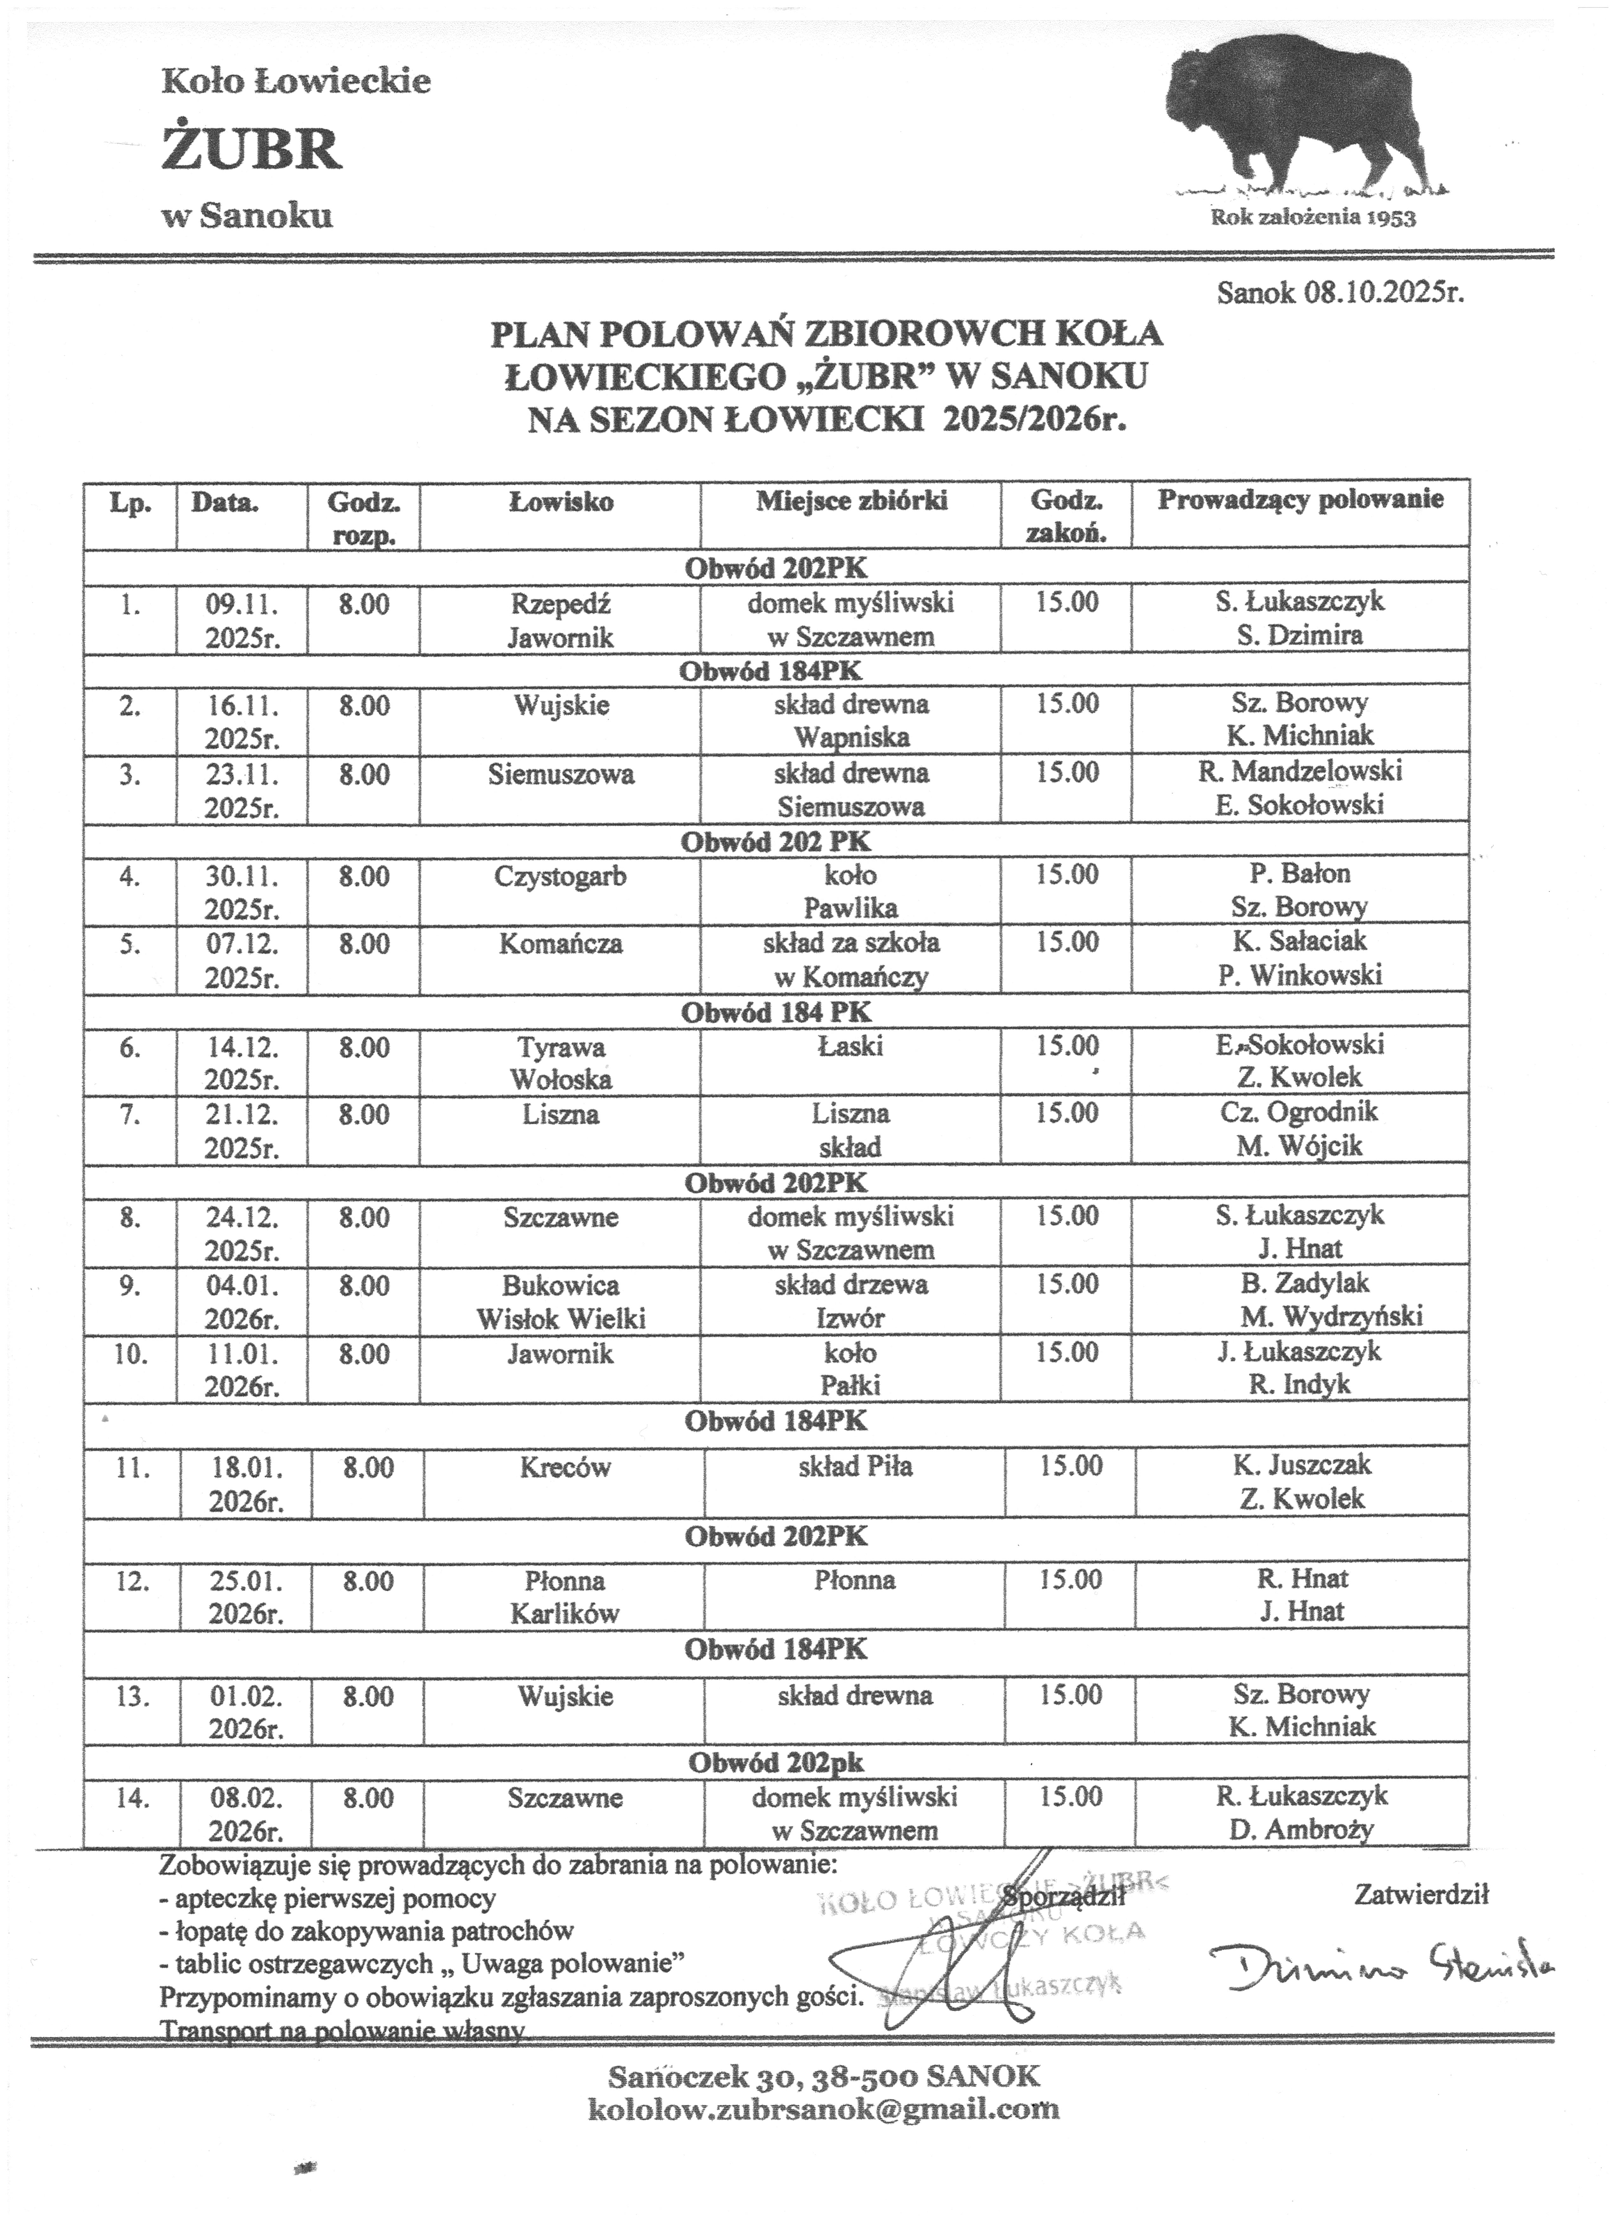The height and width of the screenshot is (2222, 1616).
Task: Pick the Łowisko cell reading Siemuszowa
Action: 561,775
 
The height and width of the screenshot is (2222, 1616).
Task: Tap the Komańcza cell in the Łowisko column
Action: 561,945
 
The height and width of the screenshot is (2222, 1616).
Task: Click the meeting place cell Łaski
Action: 851,1046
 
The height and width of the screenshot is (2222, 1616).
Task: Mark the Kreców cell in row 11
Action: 566,1468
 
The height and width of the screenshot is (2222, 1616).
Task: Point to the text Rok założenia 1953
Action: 1313,218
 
